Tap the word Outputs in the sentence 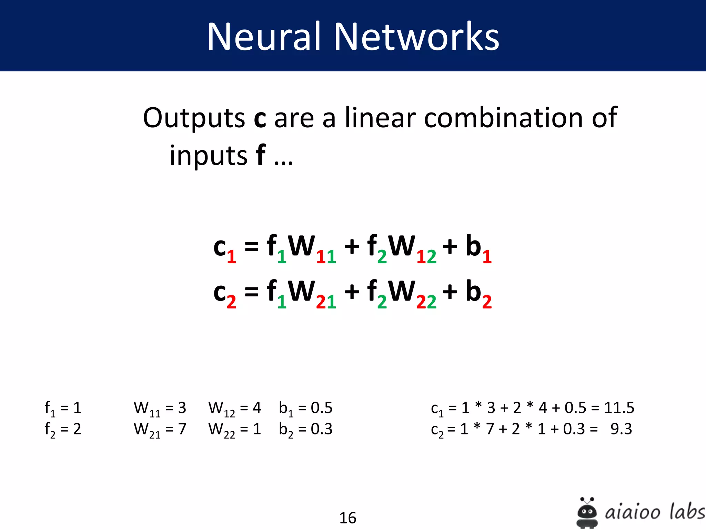click(x=194, y=118)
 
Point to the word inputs click(x=208, y=156)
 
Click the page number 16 click(x=347, y=518)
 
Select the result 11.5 click(x=619, y=408)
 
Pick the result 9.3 click(x=621, y=429)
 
